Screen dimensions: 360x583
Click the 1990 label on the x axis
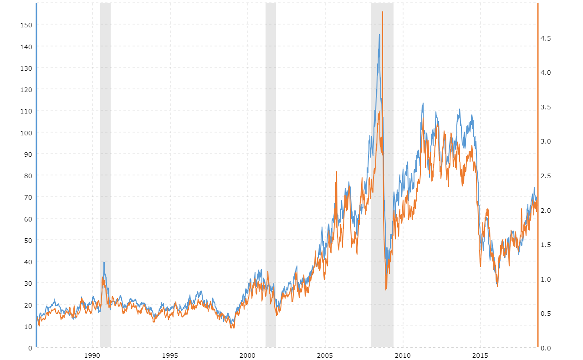[92, 355]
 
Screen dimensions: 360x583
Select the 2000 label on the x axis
[248, 355]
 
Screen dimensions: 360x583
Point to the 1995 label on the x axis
[170, 355]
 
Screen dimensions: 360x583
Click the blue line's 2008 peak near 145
[379, 35]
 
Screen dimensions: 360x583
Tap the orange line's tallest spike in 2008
[383, 12]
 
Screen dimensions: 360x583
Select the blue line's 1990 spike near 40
[104, 262]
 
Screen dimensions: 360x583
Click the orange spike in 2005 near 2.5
[337, 172]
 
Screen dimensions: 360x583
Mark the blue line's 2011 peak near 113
[423, 103]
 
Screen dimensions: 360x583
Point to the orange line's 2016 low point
[497, 286]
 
